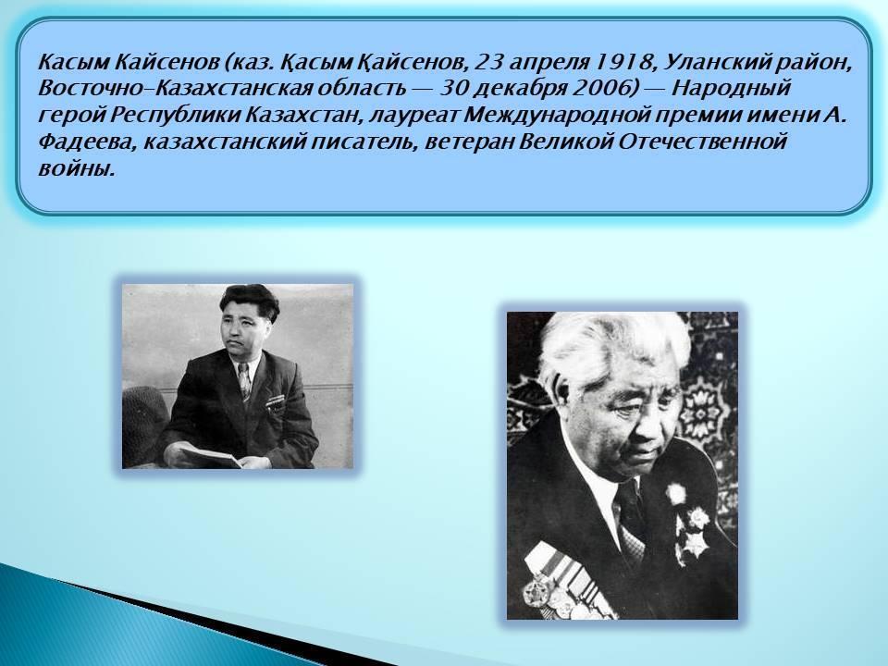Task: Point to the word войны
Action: pos(77,168)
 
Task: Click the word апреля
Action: pos(549,62)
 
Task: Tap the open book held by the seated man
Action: pos(211,456)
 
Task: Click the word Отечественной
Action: pos(702,142)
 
